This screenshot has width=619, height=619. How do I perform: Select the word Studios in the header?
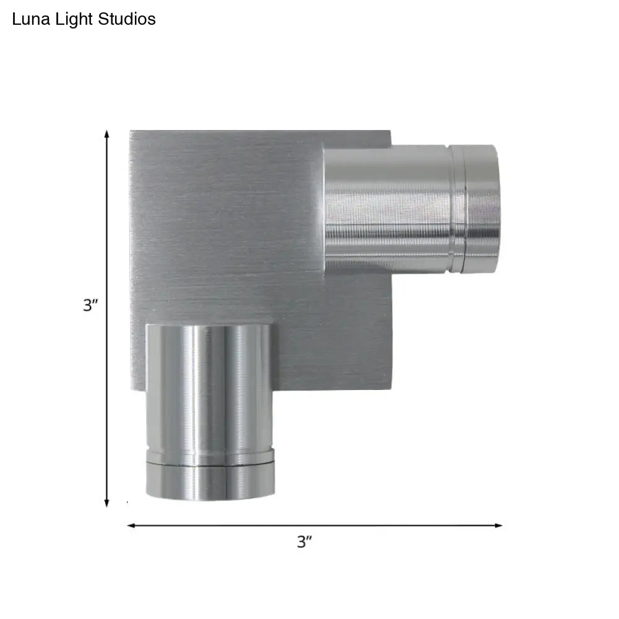pyautogui.click(x=127, y=19)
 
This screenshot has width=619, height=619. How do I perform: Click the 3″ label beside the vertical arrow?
pyautogui.click(x=90, y=305)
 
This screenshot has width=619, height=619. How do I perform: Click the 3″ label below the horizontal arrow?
pyautogui.click(x=305, y=542)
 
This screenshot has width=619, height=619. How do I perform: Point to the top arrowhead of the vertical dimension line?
pyautogui.click(x=106, y=134)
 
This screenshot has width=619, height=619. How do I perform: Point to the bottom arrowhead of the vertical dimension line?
pyautogui.click(x=106, y=503)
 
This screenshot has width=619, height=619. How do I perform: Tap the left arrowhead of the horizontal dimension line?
pyautogui.click(x=131, y=526)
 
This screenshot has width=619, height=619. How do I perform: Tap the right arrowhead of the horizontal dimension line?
pyautogui.click(x=498, y=526)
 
